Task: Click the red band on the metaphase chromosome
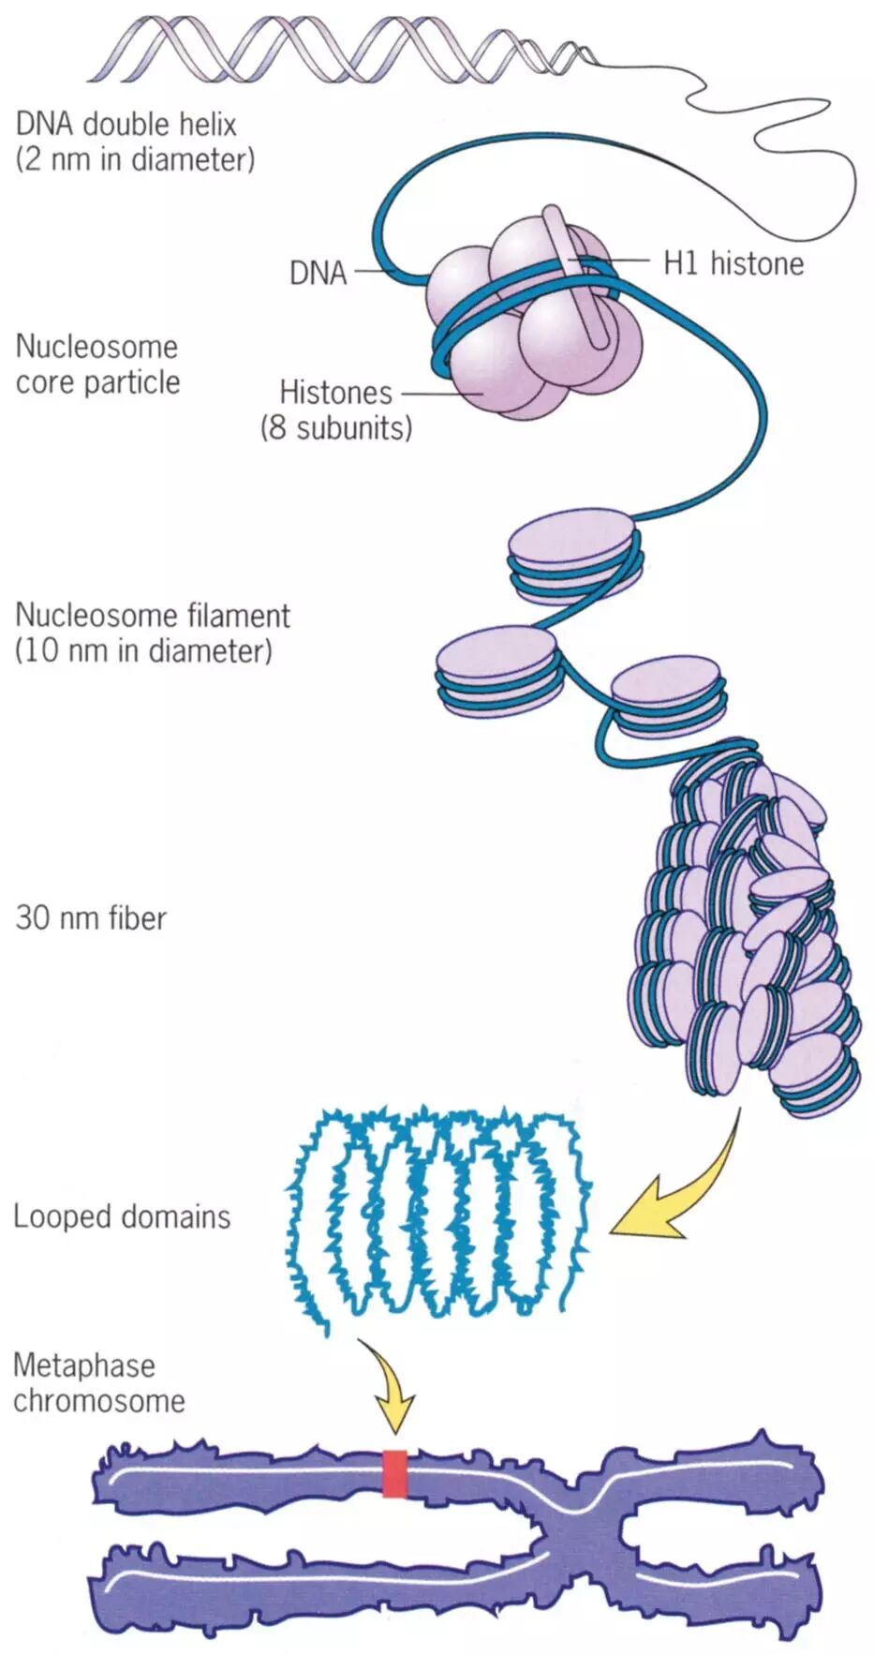click(394, 1473)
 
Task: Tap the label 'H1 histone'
click(733, 263)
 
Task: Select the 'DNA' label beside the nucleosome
click(318, 273)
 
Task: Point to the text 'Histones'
click(335, 392)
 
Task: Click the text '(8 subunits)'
click(335, 428)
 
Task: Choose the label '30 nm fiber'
click(91, 917)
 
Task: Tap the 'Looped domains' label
click(122, 1216)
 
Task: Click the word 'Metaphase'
click(84, 1365)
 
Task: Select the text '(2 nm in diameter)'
click(135, 159)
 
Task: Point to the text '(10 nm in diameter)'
click(143, 650)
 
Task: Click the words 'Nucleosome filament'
click(153, 616)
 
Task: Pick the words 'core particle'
click(98, 382)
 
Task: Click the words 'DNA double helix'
click(126, 124)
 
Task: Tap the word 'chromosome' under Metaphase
click(98, 1401)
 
